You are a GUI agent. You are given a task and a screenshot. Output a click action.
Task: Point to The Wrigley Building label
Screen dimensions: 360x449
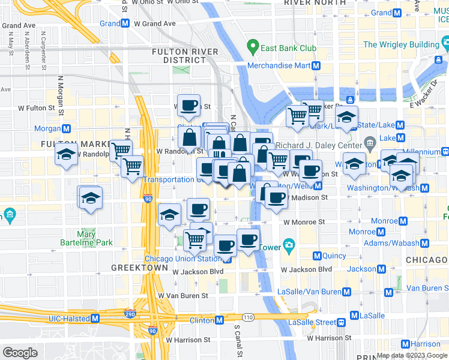[x=400, y=44]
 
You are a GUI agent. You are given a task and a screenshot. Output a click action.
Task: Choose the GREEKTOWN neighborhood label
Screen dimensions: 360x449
[x=139, y=267]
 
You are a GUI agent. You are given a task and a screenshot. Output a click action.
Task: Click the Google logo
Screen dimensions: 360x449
[x=20, y=353]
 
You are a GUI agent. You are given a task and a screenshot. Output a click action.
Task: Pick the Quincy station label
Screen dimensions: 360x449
[x=334, y=256]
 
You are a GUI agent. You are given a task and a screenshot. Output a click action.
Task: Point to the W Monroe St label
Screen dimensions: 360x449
[x=304, y=221]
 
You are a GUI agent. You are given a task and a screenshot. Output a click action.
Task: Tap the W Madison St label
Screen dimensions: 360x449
[x=307, y=197]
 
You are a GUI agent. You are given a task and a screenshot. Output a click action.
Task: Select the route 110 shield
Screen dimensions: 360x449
[x=247, y=316]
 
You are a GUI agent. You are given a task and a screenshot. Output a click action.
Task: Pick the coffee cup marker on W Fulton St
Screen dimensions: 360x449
[x=188, y=105]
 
